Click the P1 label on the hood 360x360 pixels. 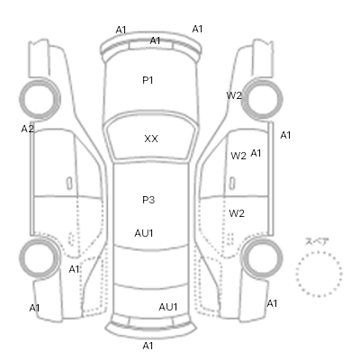click(x=148, y=80)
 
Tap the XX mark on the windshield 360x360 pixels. click(x=151, y=139)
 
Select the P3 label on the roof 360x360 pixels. click(x=148, y=200)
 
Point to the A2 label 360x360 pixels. click(x=27, y=129)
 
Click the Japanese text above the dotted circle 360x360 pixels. click(x=317, y=241)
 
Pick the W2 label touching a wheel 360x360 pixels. click(x=233, y=95)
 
